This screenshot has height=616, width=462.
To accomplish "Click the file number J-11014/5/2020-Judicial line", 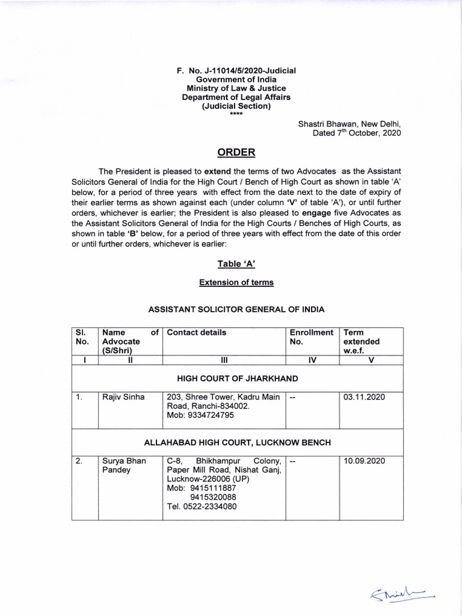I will pos(236,70).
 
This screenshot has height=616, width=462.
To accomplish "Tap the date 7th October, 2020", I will pos(356,133).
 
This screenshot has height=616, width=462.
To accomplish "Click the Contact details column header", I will pos(197,332).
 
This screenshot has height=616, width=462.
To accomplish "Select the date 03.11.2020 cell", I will pos(364,397).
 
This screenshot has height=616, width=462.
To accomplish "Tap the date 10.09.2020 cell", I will pos(364,461).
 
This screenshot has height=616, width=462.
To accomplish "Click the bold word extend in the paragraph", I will pos(217,171).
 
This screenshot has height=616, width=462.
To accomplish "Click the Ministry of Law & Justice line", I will pos(236,88).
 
